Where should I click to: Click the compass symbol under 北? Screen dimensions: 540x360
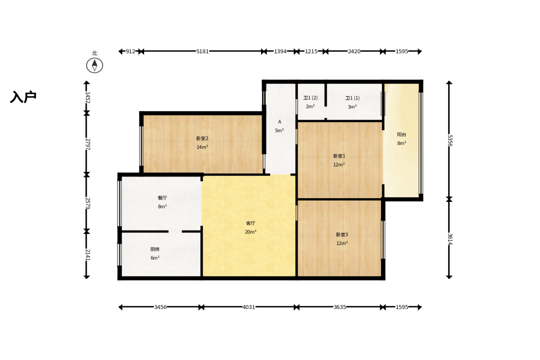pos(95,65)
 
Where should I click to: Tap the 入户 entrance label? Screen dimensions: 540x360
pos(23,97)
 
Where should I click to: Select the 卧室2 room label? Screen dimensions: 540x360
pos(202,138)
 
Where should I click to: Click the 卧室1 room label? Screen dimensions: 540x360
pos(339,156)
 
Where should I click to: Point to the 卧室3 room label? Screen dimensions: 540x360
pos(342,234)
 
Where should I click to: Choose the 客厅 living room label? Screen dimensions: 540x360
pos(251,223)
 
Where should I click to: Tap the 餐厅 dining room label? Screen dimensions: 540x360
pos(162,198)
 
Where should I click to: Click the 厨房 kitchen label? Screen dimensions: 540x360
pos(155,249)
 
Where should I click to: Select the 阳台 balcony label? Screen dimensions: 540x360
pos(401,134)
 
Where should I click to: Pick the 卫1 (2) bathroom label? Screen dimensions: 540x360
pos(310,98)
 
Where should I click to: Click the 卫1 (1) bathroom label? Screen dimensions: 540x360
pos(352,98)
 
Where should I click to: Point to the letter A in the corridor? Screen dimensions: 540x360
pos(280,122)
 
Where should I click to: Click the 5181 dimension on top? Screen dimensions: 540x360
pos(202,51)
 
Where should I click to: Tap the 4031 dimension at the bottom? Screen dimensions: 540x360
pos(249,307)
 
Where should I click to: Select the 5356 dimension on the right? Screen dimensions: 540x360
pos(450,140)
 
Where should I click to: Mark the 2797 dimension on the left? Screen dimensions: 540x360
pos(87,144)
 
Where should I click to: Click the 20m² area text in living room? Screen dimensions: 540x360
pos(251,232)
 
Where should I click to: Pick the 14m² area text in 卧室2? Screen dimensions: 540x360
pos(202,147)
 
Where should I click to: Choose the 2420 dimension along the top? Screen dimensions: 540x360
pos(354,51)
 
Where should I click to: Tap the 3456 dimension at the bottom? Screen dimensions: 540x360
pos(161,307)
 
